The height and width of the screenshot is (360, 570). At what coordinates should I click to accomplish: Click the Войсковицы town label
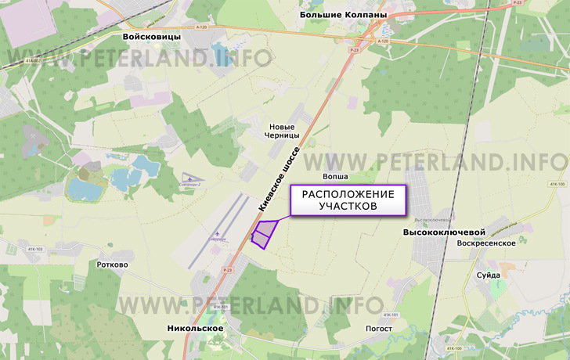coord(152,37)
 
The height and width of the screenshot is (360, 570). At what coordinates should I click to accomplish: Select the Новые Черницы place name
coord(282,131)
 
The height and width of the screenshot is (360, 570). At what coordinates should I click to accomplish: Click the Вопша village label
coord(335,177)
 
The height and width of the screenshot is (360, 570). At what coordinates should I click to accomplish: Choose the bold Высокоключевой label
coord(445,232)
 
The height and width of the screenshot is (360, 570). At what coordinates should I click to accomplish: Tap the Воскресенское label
coord(486,243)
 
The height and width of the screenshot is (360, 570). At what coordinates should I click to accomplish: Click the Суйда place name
coord(489,275)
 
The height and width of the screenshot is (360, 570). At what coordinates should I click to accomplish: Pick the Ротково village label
coord(112,265)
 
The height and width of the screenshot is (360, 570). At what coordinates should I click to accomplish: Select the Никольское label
coord(196,329)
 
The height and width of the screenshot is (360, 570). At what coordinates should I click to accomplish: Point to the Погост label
coord(379,328)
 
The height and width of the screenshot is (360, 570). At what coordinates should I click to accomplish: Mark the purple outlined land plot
coord(264,234)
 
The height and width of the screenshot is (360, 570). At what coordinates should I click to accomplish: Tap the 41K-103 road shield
coord(35,250)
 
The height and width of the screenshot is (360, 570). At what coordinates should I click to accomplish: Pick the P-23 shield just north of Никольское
coord(227,270)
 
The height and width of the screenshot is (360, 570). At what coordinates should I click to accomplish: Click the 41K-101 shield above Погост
coord(391,315)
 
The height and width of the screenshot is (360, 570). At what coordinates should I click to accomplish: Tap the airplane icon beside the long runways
coord(217,234)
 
